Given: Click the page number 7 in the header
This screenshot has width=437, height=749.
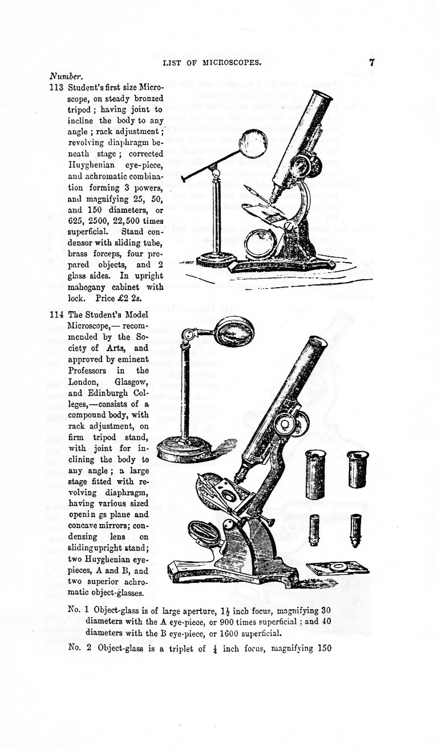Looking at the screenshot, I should pos(371,62).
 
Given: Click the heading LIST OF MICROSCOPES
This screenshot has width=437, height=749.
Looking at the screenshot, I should pos(212,63).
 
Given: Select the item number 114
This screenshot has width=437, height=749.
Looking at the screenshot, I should pos(57,315).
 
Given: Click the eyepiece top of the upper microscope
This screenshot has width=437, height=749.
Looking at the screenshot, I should pos(322,95).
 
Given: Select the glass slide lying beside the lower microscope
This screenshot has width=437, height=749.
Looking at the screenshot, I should pos(338,568).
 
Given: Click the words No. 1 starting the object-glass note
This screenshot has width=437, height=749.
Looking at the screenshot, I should pos(78,609).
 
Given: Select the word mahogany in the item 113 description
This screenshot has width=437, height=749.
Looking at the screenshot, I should pos(92,287).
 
